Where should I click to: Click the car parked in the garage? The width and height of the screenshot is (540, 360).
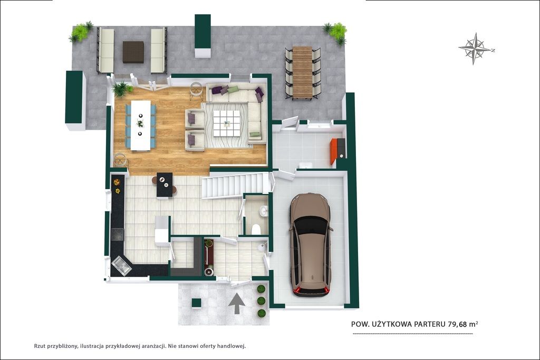311,245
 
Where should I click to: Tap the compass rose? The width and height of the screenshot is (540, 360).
475,48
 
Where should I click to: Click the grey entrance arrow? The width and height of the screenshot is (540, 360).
237,303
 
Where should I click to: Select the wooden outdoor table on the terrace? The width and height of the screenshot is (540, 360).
302,72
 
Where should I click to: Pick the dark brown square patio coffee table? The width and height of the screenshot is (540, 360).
133,52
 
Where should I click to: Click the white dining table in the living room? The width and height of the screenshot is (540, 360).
140,125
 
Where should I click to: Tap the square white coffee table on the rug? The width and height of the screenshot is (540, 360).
226,123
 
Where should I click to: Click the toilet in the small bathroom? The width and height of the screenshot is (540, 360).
256,229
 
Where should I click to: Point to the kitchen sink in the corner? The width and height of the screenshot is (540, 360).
121,265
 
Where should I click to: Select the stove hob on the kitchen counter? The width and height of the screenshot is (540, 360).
118,234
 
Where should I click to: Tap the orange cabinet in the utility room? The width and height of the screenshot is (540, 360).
333,151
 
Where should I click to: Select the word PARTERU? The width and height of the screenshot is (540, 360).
431,324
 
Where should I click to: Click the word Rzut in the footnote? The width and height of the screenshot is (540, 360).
40,346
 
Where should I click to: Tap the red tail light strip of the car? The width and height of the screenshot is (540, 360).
311,291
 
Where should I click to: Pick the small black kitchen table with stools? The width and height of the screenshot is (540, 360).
165,185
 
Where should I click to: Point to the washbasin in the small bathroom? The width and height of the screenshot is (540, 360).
264,210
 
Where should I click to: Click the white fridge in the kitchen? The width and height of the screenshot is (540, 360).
162,230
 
